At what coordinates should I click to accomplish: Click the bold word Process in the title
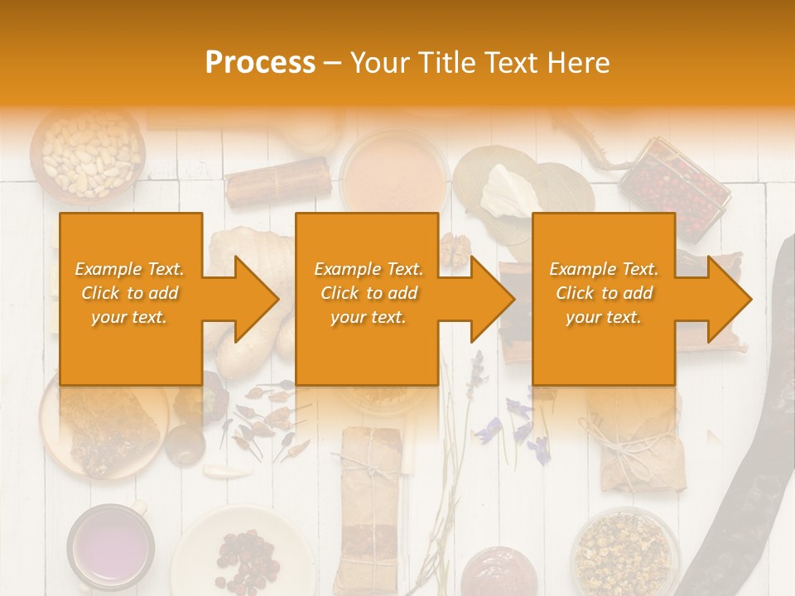click(260, 63)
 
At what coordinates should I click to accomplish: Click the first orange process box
click(131, 299)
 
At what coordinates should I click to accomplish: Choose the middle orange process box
click(367, 299)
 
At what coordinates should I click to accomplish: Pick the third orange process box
click(603, 299)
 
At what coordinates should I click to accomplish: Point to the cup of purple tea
click(110, 546)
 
